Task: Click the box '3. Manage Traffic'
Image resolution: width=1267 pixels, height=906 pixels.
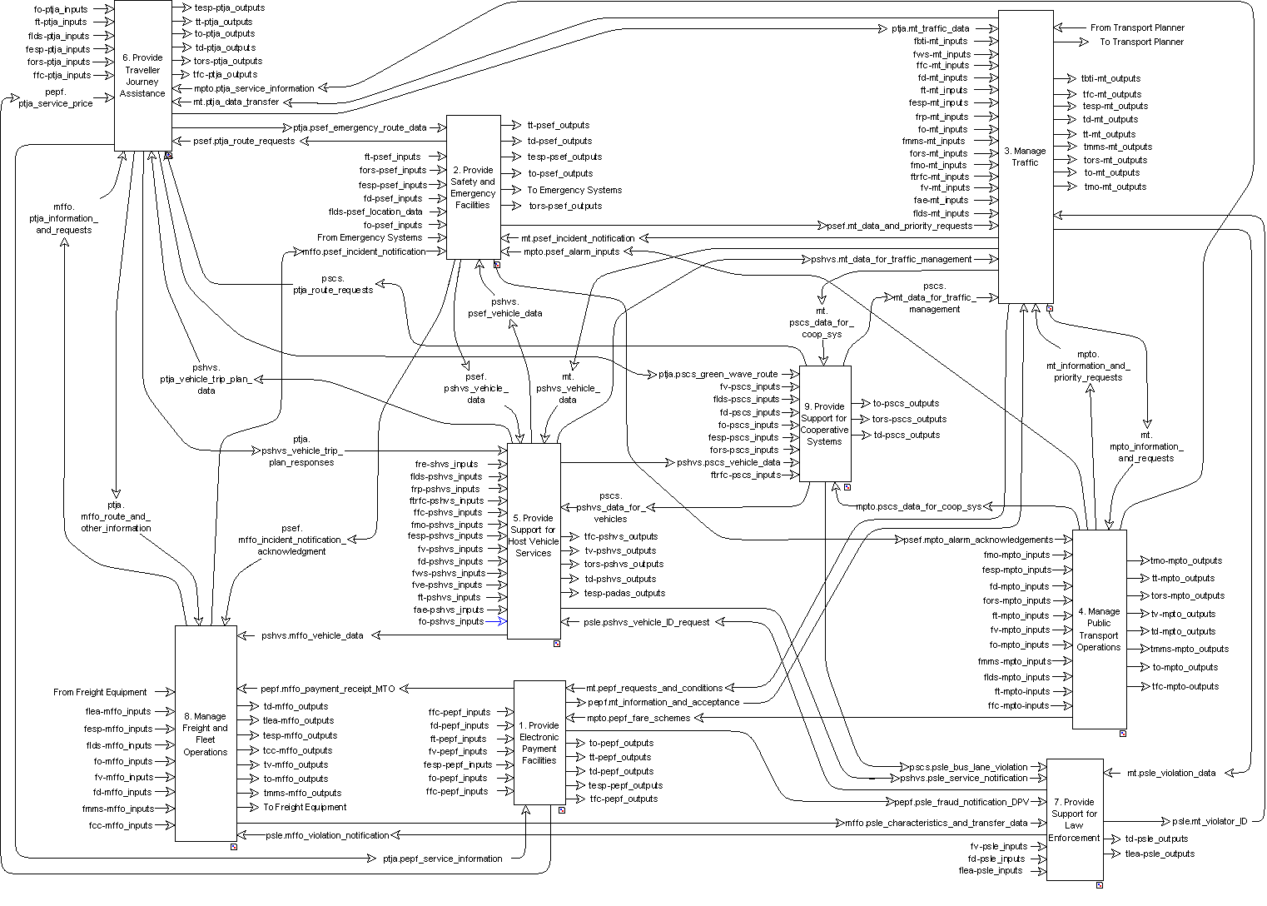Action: point(1025,157)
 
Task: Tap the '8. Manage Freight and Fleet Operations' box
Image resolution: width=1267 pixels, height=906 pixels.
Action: point(206,733)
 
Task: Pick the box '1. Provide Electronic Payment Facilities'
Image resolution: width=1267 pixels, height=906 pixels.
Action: point(539,742)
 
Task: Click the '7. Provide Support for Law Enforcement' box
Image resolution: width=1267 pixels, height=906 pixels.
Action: point(1074,819)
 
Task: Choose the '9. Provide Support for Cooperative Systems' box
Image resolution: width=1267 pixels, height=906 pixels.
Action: point(824,424)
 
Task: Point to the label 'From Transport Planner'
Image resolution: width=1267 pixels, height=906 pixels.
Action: point(1137,27)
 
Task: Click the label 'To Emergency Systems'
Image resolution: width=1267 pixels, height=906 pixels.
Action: point(574,190)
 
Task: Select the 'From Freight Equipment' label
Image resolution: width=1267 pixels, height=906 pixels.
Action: point(100,692)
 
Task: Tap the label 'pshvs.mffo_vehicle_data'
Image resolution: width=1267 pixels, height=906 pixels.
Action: point(312,635)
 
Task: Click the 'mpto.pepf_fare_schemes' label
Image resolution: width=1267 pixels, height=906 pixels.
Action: point(638,718)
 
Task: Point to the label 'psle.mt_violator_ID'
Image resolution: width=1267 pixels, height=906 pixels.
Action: point(1210,821)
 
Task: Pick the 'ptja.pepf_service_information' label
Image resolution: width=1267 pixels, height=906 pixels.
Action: point(442,859)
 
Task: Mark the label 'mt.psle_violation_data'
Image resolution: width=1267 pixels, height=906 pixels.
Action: point(1171,773)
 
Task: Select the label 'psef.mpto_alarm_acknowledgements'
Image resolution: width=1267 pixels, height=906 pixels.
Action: point(978,540)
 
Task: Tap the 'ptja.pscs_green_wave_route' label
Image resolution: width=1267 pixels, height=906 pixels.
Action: point(718,374)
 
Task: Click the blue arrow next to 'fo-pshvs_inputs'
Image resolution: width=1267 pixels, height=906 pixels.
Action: point(497,621)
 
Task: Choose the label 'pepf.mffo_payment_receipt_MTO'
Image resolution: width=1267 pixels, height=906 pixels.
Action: point(328,689)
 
